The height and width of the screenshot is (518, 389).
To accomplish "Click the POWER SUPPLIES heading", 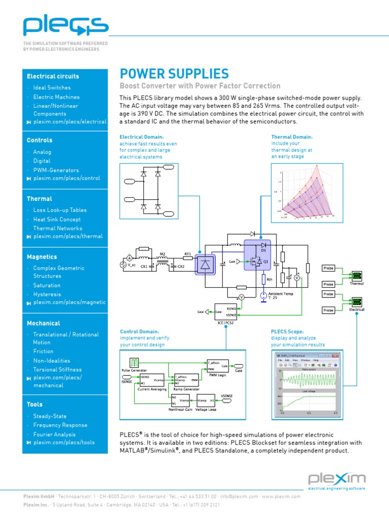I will point(174,74).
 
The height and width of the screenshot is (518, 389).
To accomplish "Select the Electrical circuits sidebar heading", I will point(53,76).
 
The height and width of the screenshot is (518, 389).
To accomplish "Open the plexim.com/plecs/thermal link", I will point(67,236).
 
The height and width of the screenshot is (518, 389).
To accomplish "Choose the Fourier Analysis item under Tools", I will point(54,434).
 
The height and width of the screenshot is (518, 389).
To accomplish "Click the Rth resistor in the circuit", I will point(263,279).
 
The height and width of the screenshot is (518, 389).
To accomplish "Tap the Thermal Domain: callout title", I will point(292,137).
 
